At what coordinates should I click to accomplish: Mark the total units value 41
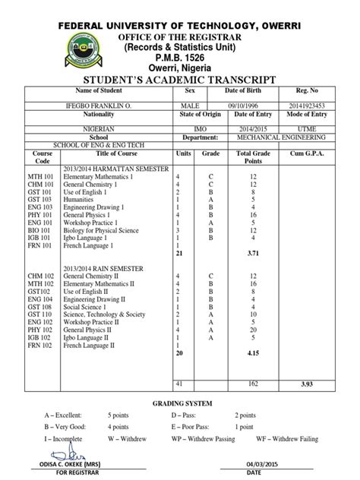tap(179, 384)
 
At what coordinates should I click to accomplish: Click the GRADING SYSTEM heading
tap(180, 401)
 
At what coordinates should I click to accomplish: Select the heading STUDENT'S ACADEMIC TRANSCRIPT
tap(179, 81)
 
